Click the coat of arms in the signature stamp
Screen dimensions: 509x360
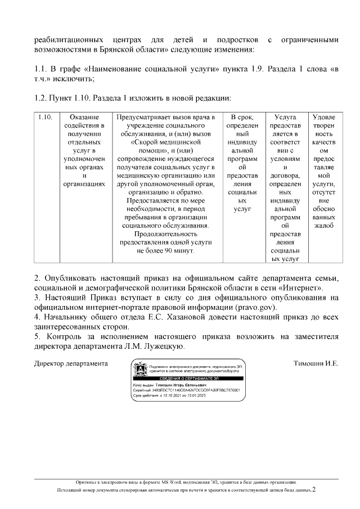point(140,371)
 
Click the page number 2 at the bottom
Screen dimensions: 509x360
point(314,489)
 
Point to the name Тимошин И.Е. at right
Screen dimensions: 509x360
point(316,363)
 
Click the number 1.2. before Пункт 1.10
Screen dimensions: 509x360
point(42,98)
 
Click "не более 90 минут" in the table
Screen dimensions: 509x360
point(168,250)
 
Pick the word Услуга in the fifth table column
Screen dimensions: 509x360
point(285,117)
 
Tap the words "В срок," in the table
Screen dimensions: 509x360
point(242,117)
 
